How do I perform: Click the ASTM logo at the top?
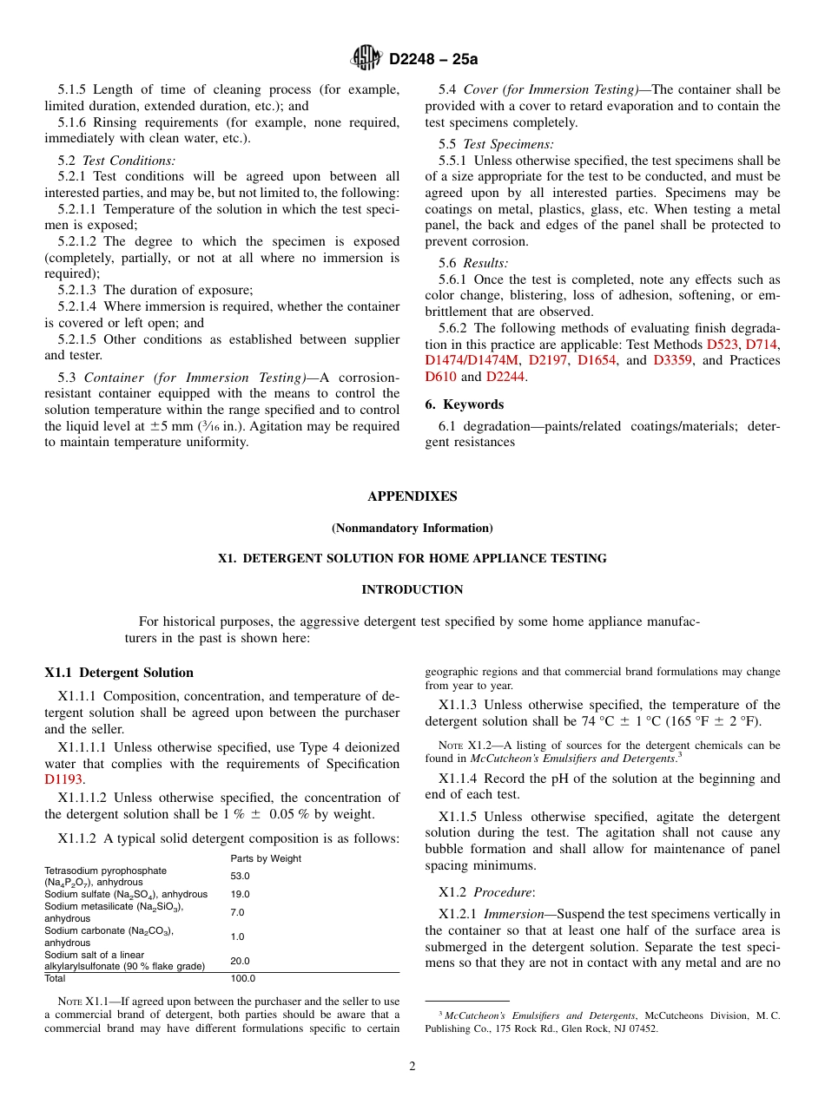[x=366, y=59]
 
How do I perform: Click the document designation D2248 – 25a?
[x=433, y=60]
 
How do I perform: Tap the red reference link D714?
[x=762, y=345]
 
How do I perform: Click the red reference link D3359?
[x=672, y=360]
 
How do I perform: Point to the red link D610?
[x=440, y=377]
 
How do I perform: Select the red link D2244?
[x=505, y=377]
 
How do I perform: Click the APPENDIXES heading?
[x=412, y=496]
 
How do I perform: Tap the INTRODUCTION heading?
[x=412, y=590]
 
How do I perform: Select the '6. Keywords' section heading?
[x=464, y=404]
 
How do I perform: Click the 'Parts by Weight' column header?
[x=266, y=858]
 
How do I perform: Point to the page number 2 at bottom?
[x=412, y=1067]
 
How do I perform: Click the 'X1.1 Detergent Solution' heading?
[x=119, y=673]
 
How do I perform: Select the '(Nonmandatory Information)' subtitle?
[x=412, y=528]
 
